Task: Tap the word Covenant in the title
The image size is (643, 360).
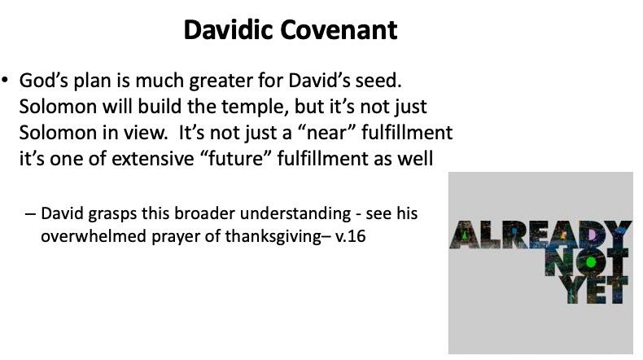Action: click(339, 30)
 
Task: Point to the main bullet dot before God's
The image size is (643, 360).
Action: click(5, 79)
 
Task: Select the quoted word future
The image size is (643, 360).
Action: click(237, 159)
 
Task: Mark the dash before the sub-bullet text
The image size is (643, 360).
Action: click(30, 214)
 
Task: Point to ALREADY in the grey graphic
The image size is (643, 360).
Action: click(540, 235)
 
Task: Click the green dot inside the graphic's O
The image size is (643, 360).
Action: click(591, 262)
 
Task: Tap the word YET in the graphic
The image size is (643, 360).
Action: click(595, 290)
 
